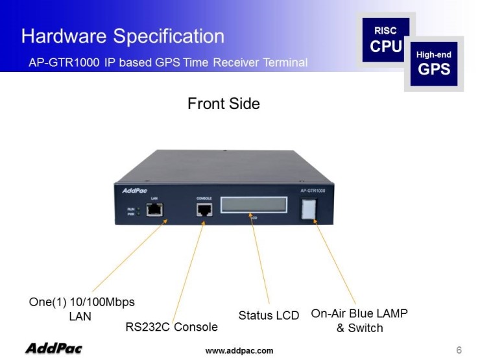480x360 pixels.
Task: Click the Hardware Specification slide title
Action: point(123,36)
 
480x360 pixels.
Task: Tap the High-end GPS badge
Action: point(433,64)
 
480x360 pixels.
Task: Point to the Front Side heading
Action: point(223,103)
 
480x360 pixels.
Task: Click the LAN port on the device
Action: point(155,210)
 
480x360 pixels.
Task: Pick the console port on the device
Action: point(204,210)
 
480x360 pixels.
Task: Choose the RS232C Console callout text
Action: point(171,326)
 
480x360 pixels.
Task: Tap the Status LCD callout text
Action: point(269,316)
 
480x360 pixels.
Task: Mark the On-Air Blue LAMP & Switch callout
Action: point(359,320)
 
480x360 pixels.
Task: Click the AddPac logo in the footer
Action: point(54,349)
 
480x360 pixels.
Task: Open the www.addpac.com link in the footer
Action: point(239,351)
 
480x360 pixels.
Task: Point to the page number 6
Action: point(459,350)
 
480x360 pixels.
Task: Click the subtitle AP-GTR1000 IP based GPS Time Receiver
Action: point(168,63)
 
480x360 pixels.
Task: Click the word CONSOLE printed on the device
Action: point(204,197)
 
